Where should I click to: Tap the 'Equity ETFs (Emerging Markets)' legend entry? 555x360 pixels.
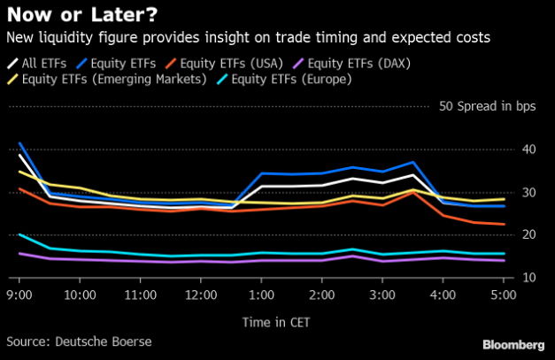[116, 80]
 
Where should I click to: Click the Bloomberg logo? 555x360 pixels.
[513, 342]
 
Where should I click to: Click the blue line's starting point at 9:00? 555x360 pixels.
[19, 143]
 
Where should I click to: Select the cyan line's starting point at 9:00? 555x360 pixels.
[19, 234]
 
